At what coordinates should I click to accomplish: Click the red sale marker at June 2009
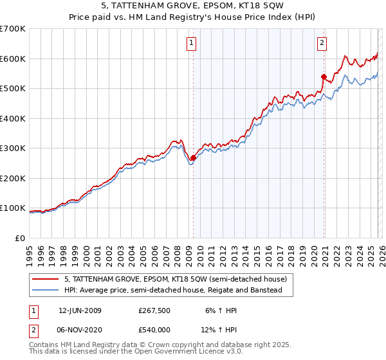[193, 157]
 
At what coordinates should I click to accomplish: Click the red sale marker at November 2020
[323, 76]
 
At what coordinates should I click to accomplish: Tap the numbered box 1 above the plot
[192, 44]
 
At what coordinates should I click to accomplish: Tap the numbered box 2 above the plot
[322, 44]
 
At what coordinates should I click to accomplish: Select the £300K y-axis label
[13, 148]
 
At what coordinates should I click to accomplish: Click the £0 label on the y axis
[21, 238]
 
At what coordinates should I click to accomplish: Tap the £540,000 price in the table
[155, 329]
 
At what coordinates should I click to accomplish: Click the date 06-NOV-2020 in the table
[80, 329]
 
